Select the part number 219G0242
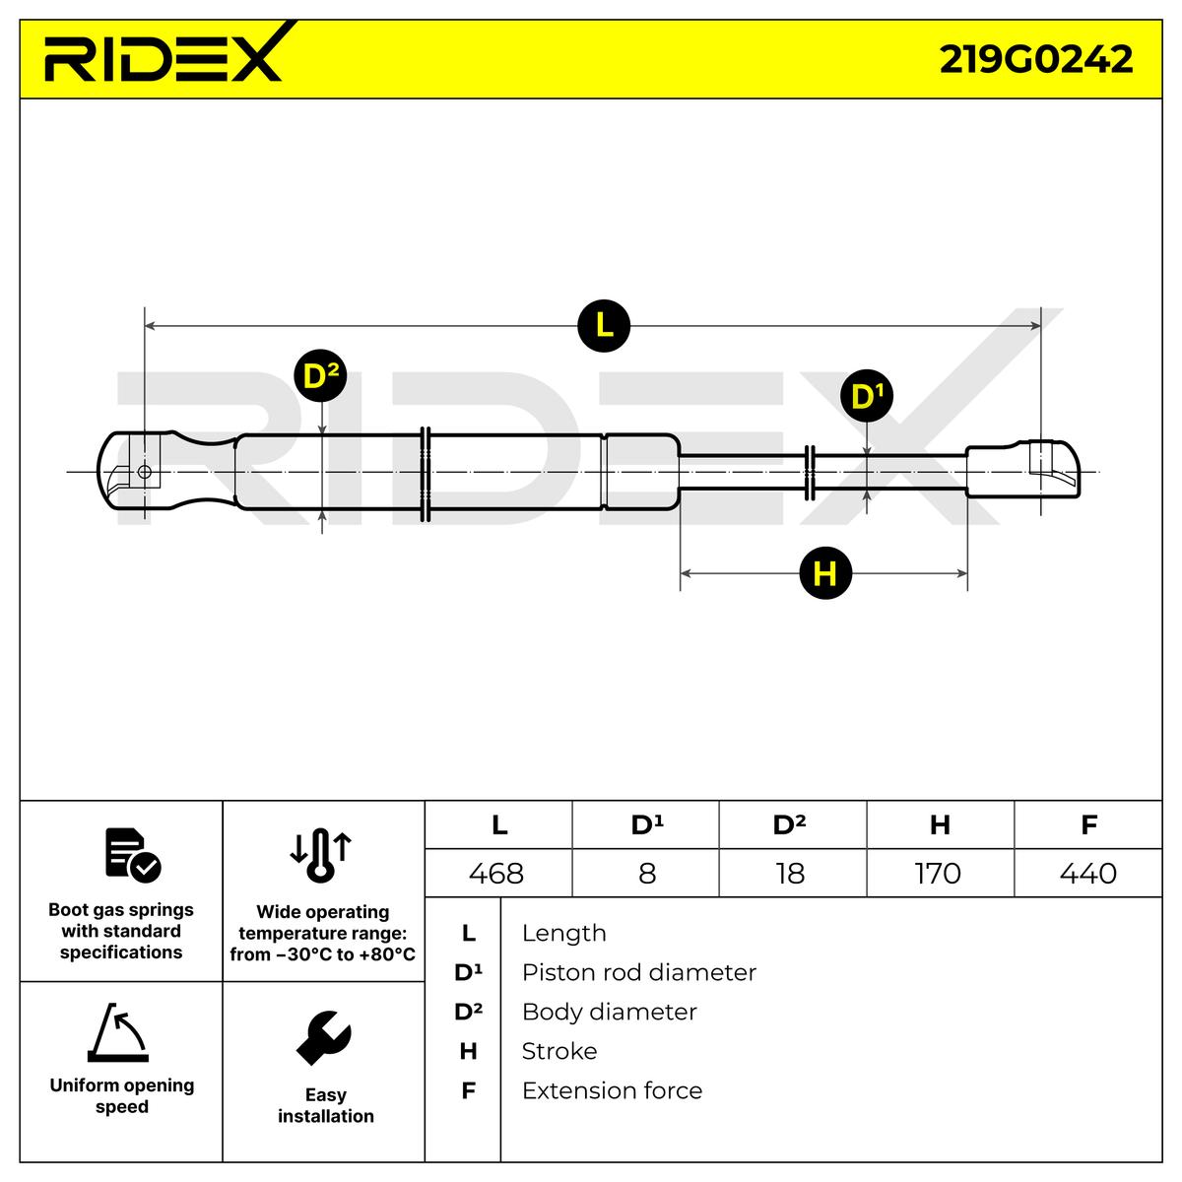pyautogui.click(x=1035, y=59)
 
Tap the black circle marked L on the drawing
pyautogui.click(x=604, y=324)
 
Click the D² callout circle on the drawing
pyautogui.click(x=321, y=375)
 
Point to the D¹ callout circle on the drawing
pyautogui.click(x=867, y=397)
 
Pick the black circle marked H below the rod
pyautogui.click(x=825, y=572)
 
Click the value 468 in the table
pyautogui.click(x=496, y=873)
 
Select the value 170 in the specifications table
pyautogui.click(x=938, y=873)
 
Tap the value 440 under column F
pyautogui.click(x=1088, y=873)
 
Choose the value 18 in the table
pyautogui.click(x=790, y=873)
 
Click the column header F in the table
pyautogui.click(x=1088, y=824)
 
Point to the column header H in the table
pyautogui.click(x=940, y=824)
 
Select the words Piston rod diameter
pyautogui.click(x=638, y=972)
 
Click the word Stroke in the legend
pyautogui.click(x=558, y=1051)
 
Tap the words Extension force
pyautogui.click(x=612, y=1090)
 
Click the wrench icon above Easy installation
pyautogui.click(x=324, y=1037)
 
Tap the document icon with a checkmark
pyautogui.click(x=132, y=854)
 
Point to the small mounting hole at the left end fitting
pyautogui.click(x=145, y=472)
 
